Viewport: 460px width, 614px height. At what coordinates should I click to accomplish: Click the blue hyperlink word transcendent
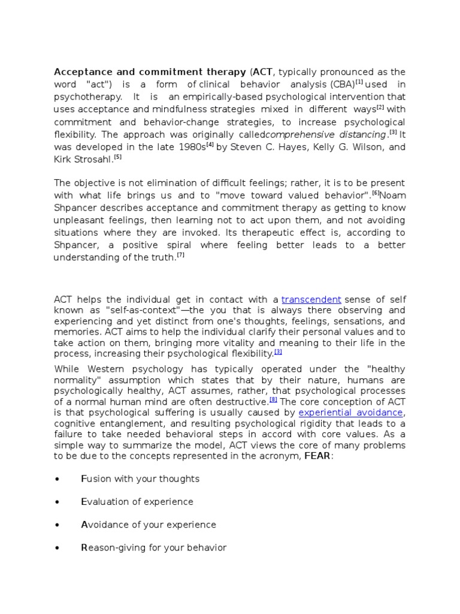(x=311, y=299)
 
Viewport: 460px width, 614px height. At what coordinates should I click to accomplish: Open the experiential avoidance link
(x=351, y=413)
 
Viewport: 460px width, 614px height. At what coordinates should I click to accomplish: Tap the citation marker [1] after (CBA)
(x=359, y=82)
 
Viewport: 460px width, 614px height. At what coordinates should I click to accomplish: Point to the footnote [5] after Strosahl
(x=118, y=157)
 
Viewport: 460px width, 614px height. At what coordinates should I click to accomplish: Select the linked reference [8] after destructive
(x=273, y=399)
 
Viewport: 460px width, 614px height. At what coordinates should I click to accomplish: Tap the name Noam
(x=392, y=195)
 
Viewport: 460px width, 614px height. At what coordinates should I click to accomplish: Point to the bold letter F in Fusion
(x=83, y=478)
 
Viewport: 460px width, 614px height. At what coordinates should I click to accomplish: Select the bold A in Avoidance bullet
(x=84, y=525)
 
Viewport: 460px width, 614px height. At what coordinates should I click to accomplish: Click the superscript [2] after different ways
(x=380, y=107)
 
